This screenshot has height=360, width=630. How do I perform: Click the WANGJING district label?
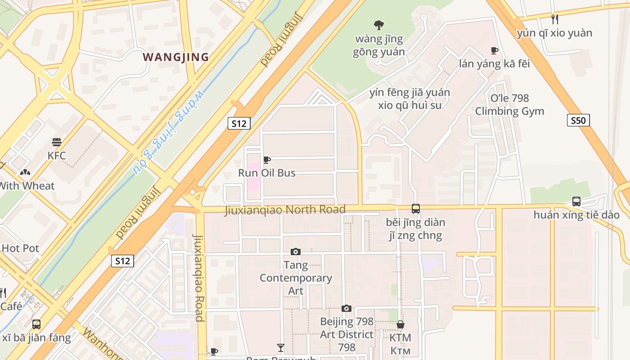176,57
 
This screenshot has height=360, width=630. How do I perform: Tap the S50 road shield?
578,120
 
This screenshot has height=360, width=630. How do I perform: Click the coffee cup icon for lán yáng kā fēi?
495,50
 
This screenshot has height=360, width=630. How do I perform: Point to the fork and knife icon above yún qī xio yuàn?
555,19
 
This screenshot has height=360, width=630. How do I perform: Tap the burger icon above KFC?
57,142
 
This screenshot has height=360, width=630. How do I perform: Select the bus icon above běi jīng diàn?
415,209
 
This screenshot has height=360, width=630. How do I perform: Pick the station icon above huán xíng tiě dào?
576,201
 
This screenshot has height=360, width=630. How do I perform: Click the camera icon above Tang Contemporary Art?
296,252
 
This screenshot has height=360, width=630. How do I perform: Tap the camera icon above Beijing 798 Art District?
346,308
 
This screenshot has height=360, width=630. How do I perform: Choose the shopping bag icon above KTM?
400,324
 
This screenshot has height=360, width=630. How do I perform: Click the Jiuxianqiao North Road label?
285,210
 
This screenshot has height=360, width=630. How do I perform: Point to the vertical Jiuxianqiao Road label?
199,278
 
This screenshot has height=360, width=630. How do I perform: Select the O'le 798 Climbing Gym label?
509,104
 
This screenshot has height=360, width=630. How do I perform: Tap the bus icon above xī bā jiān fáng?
36,324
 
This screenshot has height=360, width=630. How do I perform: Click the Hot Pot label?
20,248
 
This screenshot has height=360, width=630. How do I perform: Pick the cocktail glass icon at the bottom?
281,347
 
